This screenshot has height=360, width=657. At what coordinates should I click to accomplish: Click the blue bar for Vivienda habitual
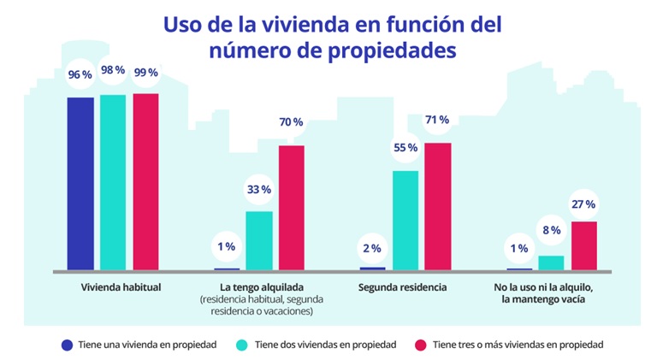(80, 183)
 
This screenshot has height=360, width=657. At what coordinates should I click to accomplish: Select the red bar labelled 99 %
(145, 181)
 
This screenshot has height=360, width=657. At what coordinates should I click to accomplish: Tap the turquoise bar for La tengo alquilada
(259, 240)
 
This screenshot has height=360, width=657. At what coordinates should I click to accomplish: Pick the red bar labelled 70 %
(291, 208)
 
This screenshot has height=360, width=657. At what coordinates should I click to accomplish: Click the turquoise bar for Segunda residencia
(405, 220)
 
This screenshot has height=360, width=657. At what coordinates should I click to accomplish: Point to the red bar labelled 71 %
(437, 206)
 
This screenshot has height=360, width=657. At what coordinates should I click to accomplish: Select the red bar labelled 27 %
(583, 245)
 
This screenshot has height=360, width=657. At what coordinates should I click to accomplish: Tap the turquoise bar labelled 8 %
(552, 263)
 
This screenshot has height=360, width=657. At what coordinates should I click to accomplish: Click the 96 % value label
(80, 75)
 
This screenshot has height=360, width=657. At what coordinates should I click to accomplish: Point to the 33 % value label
(259, 189)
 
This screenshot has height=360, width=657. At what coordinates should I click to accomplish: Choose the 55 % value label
(405, 148)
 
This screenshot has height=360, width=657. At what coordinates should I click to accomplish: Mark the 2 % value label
(373, 248)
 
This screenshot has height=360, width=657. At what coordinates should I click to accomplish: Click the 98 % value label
(113, 72)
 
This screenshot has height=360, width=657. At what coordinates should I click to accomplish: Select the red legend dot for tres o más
(420, 345)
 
